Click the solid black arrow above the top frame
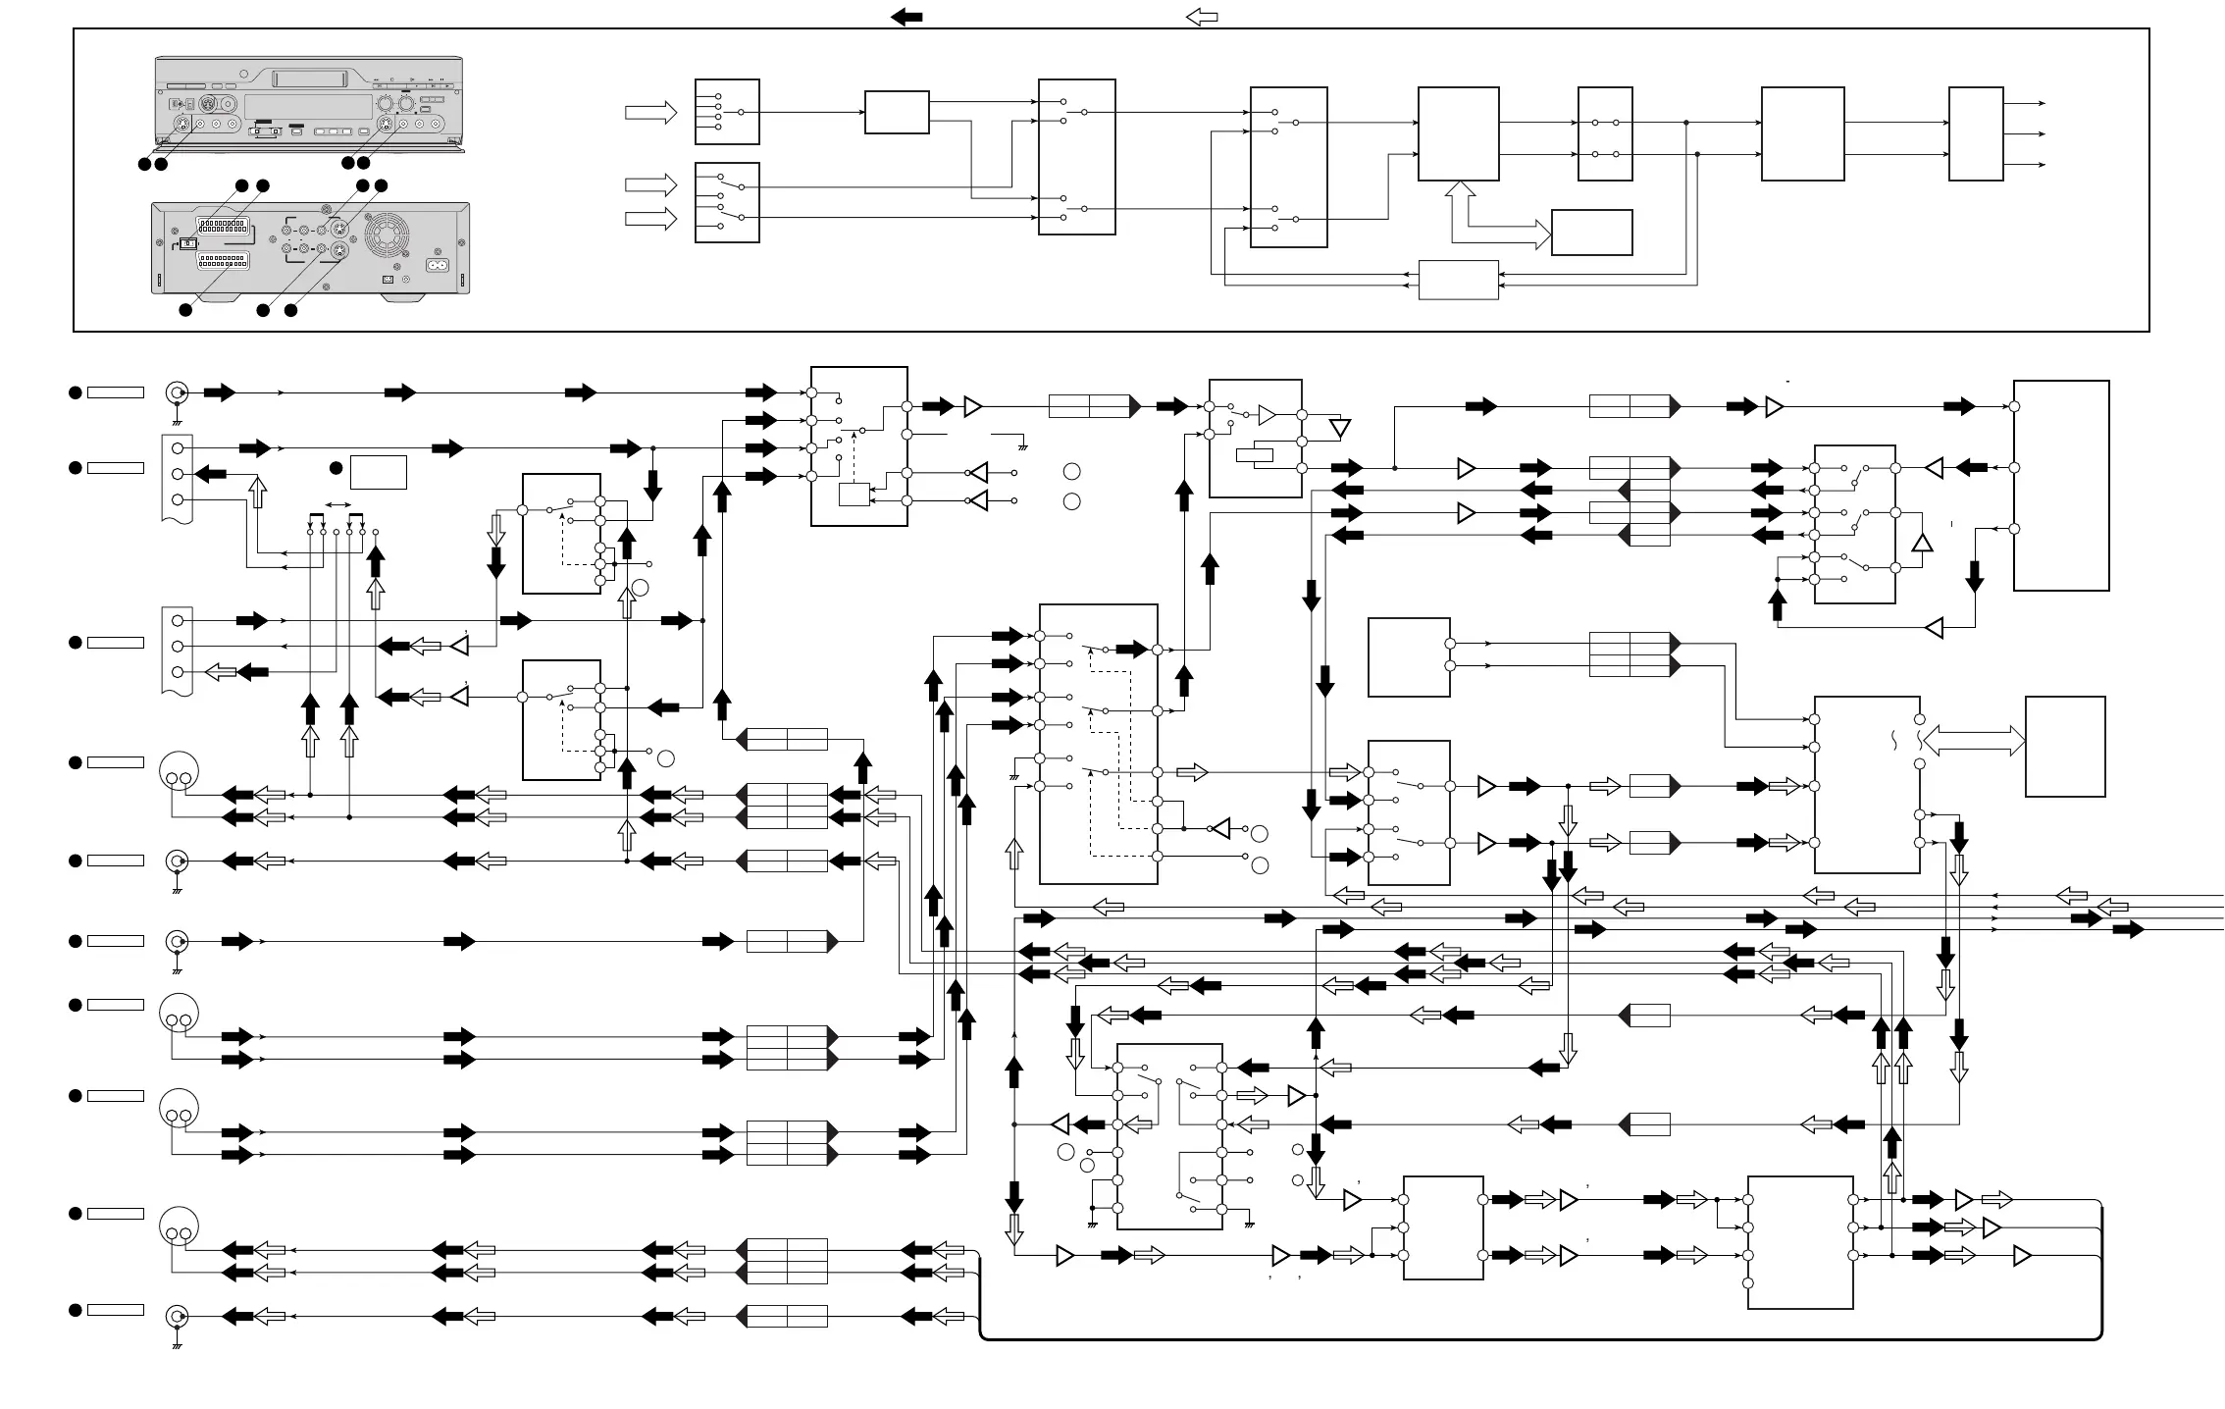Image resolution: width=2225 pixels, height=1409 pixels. coord(906,16)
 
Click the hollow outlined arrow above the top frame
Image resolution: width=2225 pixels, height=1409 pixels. coord(1202,16)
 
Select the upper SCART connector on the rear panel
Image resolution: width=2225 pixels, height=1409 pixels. coord(223,224)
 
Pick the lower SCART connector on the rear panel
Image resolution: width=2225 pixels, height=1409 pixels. coord(223,261)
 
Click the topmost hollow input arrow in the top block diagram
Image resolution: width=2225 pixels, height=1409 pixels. coord(650,113)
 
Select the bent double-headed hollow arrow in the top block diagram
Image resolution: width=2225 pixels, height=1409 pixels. coord(1496,222)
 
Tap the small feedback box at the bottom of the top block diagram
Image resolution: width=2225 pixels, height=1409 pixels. coord(1459,280)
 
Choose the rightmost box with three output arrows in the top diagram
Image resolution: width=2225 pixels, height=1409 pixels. coord(1975,133)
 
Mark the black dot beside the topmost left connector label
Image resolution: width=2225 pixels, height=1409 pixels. coord(75,392)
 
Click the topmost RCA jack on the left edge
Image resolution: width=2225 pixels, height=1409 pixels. coord(177,392)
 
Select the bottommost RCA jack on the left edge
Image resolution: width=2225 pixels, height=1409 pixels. coord(177,1316)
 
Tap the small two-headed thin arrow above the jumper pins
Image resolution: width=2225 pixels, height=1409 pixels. coord(336,504)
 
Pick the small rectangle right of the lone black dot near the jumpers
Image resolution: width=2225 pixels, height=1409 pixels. coord(378,472)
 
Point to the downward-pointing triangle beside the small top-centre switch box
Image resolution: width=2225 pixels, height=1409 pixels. coord(1339,429)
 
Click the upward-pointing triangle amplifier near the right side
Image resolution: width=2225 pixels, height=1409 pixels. coord(1922,542)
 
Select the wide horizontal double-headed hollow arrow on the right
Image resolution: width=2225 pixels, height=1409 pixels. coord(1975,741)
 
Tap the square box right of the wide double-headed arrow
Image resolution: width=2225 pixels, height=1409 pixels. coord(2065,746)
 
